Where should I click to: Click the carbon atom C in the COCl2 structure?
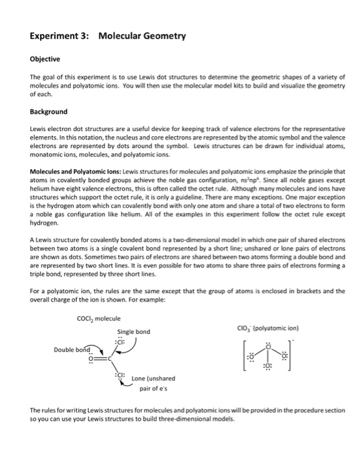point(111,358)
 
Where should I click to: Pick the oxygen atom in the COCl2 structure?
point(91,358)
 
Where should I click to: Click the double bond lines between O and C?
point(101,358)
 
